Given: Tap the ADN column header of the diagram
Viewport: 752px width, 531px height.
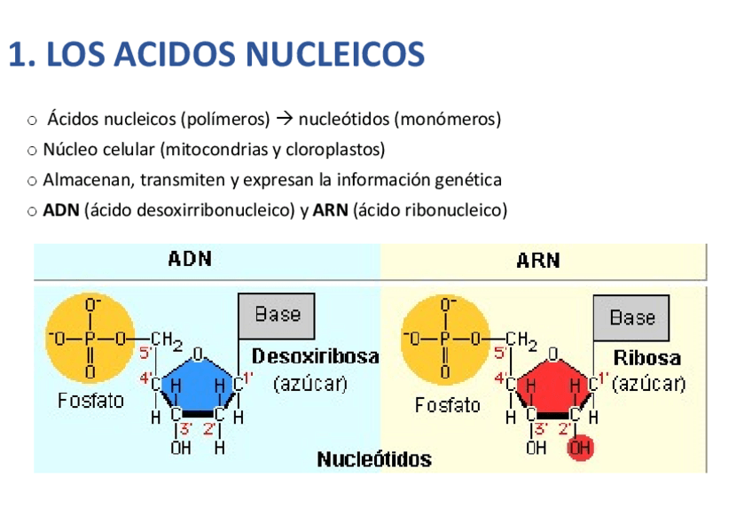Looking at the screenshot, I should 190,260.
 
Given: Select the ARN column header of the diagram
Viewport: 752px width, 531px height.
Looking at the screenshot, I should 538,261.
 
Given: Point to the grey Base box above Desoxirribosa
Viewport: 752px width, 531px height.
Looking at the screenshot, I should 278,314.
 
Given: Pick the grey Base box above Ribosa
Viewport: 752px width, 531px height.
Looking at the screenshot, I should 632,317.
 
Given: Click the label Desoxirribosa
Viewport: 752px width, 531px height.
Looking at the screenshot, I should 316,356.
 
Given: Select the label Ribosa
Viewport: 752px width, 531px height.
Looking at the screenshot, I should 647,359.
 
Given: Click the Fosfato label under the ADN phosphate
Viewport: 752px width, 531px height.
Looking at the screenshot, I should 91,401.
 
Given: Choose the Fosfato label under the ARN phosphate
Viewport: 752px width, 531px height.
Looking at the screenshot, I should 447,405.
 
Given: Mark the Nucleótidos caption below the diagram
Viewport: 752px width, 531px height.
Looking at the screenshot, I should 374,459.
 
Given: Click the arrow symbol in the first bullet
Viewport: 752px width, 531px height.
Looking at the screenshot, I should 284,119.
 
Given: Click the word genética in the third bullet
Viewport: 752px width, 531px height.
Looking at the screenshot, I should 468,180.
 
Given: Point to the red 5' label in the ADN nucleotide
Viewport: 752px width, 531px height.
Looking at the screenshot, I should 147,352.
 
